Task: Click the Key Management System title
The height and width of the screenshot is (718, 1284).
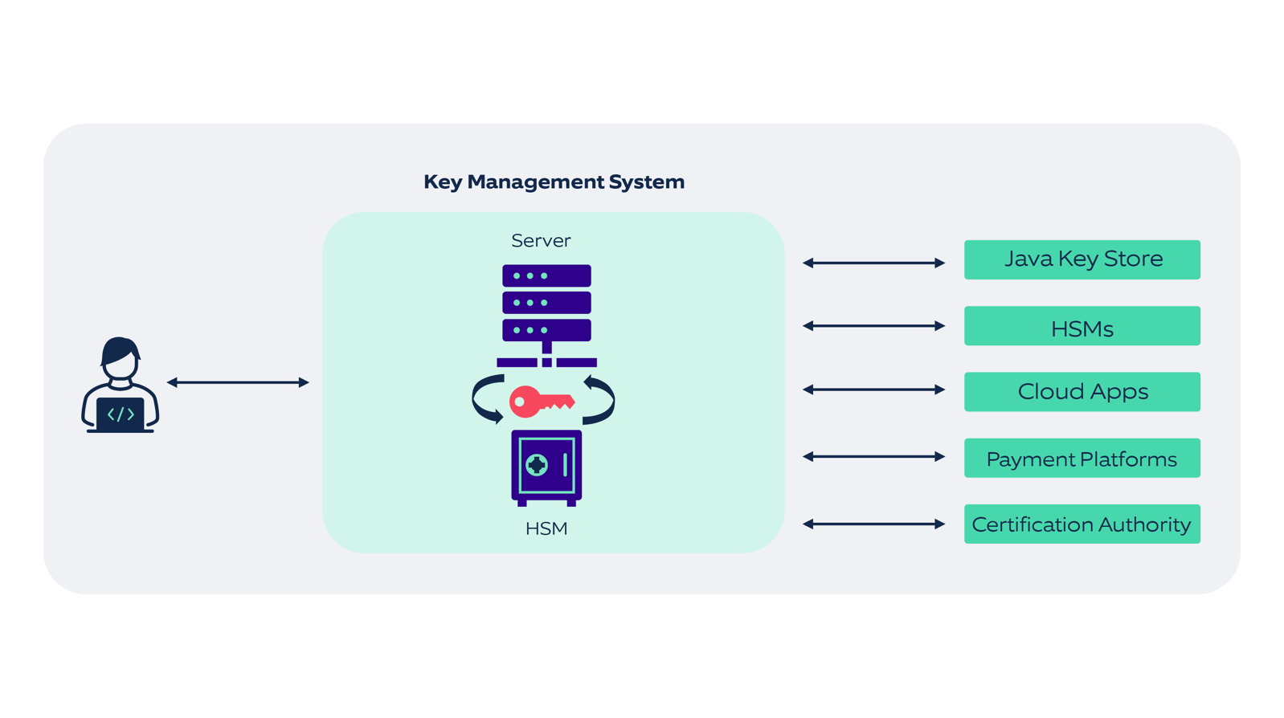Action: pyautogui.click(x=554, y=182)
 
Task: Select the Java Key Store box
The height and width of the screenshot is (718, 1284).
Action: pyautogui.click(x=1082, y=259)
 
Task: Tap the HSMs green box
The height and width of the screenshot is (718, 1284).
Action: pyautogui.click(x=1082, y=326)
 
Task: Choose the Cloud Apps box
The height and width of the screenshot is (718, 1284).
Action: pyautogui.click(x=1082, y=392)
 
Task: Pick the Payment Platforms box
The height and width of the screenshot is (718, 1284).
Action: pyautogui.click(x=1082, y=458)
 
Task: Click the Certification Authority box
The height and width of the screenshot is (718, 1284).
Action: pyautogui.click(x=1082, y=524)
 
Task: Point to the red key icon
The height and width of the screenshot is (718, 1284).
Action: pyautogui.click(x=540, y=402)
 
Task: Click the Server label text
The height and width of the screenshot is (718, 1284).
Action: pyautogui.click(x=541, y=240)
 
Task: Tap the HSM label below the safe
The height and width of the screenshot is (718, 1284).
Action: pyautogui.click(x=546, y=528)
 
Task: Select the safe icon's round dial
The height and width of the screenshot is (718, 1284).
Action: pyautogui.click(x=536, y=464)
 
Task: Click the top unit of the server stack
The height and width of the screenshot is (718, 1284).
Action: pyautogui.click(x=546, y=275)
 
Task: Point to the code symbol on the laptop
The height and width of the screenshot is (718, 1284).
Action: pyautogui.click(x=121, y=414)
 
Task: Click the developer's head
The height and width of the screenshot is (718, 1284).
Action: pyautogui.click(x=121, y=358)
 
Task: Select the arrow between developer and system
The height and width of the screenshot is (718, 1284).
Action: pyautogui.click(x=238, y=382)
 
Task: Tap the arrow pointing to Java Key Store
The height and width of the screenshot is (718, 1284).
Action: pyautogui.click(x=873, y=263)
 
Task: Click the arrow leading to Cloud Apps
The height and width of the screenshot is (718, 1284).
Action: pyautogui.click(x=873, y=390)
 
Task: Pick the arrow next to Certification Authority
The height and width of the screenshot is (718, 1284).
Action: pyautogui.click(x=873, y=524)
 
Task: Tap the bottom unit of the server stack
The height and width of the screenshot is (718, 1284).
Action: pyautogui.click(x=546, y=330)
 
